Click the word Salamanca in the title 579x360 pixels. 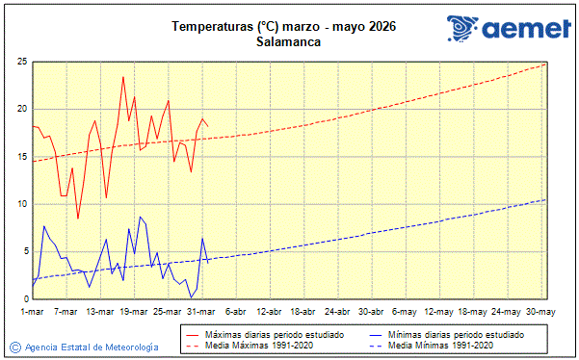[289, 41]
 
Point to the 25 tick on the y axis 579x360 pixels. [20, 62]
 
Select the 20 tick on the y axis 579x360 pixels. [20, 109]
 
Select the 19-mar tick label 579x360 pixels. [134, 311]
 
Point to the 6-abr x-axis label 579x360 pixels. [234, 311]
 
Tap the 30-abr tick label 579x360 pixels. [371, 311]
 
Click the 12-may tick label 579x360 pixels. [439, 311]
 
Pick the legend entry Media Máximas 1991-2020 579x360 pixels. [252, 345]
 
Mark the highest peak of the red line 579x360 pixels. [123, 76]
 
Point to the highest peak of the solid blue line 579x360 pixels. [140, 217]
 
